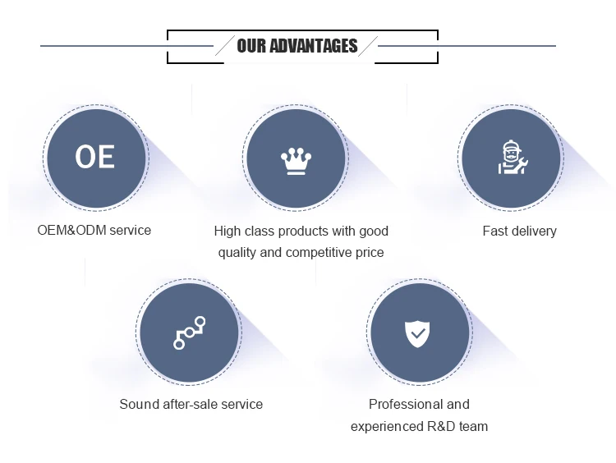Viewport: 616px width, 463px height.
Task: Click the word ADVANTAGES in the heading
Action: tap(314, 46)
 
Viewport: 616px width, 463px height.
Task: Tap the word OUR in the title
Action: tap(251, 46)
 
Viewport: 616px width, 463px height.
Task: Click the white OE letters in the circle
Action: tap(95, 157)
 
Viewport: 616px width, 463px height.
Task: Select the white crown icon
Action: tap(297, 161)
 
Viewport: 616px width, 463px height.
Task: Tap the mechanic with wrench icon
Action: tap(513, 157)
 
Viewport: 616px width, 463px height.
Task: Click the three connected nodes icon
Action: tap(190, 332)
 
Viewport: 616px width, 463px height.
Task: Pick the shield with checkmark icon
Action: tap(417, 334)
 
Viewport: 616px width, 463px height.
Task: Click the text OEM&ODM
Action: tap(71, 230)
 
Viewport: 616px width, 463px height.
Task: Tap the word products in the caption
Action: tap(303, 231)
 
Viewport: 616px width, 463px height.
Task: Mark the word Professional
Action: tap(402, 404)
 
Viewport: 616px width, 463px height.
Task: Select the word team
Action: tap(473, 427)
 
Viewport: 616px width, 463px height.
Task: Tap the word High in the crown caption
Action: tap(226, 231)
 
